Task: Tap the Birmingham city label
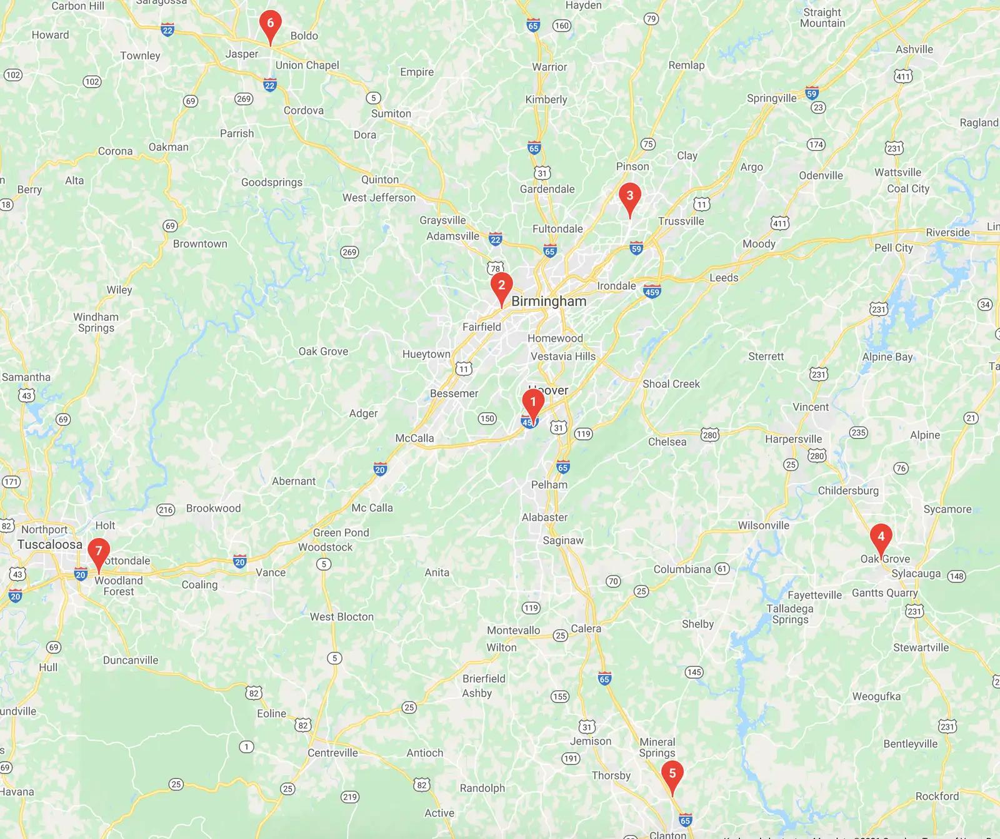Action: tap(549, 301)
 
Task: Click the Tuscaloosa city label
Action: tap(50, 544)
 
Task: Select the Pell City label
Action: tap(894, 248)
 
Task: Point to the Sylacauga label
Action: tap(916, 574)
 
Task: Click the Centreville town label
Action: tap(332, 753)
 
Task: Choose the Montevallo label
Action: tap(513, 630)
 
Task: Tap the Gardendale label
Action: tap(547, 189)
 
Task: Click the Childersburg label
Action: tap(848, 491)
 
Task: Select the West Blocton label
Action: tap(341, 617)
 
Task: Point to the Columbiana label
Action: tap(682, 569)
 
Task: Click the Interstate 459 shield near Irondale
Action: tap(652, 292)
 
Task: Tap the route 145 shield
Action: tap(694, 672)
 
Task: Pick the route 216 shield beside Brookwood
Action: tap(166, 510)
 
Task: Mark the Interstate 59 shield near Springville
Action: tap(811, 93)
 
